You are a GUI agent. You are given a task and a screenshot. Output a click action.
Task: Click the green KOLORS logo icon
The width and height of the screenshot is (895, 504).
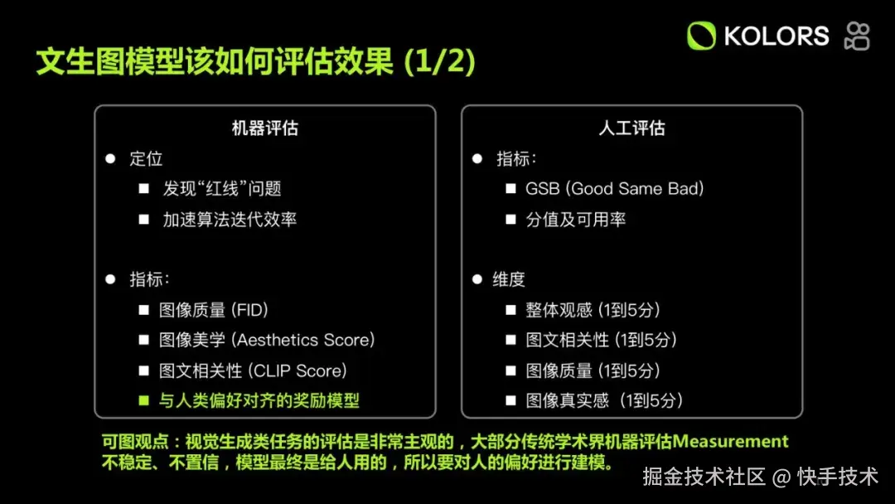coord(701,36)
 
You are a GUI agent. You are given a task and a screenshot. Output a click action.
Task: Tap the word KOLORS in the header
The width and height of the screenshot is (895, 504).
coord(776,36)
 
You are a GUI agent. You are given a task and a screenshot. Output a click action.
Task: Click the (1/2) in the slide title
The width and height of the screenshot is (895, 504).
coord(439,61)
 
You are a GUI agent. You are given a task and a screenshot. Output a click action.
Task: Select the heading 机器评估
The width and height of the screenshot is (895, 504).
coord(265,128)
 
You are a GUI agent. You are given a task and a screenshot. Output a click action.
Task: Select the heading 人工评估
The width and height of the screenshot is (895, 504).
coord(631,128)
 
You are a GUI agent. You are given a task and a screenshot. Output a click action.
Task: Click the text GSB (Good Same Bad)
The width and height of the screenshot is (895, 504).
coord(615,189)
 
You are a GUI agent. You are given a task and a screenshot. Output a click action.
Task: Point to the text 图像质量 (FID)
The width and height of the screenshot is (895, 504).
coord(214,310)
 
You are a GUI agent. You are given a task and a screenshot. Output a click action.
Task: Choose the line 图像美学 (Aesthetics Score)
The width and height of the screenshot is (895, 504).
coord(267,340)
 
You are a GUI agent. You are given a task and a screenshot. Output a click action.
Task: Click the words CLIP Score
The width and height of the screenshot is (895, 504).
coord(299,371)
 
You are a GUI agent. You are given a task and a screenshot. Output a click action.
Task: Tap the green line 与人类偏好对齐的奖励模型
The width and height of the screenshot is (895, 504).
coord(259,400)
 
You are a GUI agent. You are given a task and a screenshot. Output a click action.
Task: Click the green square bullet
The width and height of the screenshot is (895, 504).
coord(144,400)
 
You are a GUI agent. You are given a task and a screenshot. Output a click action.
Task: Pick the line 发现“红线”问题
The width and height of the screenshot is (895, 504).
coord(222,189)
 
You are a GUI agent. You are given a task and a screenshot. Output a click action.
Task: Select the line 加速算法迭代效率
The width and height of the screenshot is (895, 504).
coord(230,219)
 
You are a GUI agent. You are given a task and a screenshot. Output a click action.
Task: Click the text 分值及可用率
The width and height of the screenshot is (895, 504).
coord(575,219)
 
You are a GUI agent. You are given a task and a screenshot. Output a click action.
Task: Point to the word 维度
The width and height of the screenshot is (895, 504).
coord(509,279)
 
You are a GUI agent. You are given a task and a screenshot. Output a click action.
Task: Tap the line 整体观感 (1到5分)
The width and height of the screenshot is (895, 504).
coord(593,310)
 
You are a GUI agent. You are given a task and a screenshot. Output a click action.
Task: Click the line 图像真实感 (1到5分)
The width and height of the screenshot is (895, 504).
coord(604,400)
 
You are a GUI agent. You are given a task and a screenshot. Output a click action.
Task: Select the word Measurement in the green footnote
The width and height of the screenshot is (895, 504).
coord(731,441)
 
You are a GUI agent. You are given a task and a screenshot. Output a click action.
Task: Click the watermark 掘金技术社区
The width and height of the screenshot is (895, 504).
coord(704,477)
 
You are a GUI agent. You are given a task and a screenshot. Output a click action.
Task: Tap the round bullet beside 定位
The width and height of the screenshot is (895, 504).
coord(110,158)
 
